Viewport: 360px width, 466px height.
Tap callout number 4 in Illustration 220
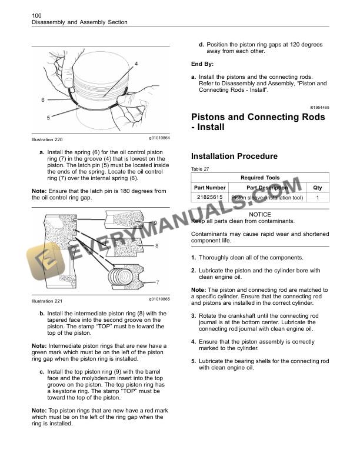click(x=136, y=63)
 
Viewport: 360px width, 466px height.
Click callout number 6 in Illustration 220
click(x=42, y=100)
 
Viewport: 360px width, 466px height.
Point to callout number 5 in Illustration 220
click(x=48, y=118)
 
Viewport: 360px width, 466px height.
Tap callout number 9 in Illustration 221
click(x=155, y=223)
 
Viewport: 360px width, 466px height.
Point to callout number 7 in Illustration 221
click(x=157, y=282)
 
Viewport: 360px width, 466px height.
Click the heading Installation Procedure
click(x=234, y=157)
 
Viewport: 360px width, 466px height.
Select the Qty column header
click(x=318, y=188)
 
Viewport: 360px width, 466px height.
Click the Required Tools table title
click(x=260, y=178)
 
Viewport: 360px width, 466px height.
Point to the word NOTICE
click(x=260, y=215)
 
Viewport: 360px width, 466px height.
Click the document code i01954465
click(x=317, y=107)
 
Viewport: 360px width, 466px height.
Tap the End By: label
click(x=203, y=64)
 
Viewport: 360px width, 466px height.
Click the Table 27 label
click(x=201, y=169)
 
